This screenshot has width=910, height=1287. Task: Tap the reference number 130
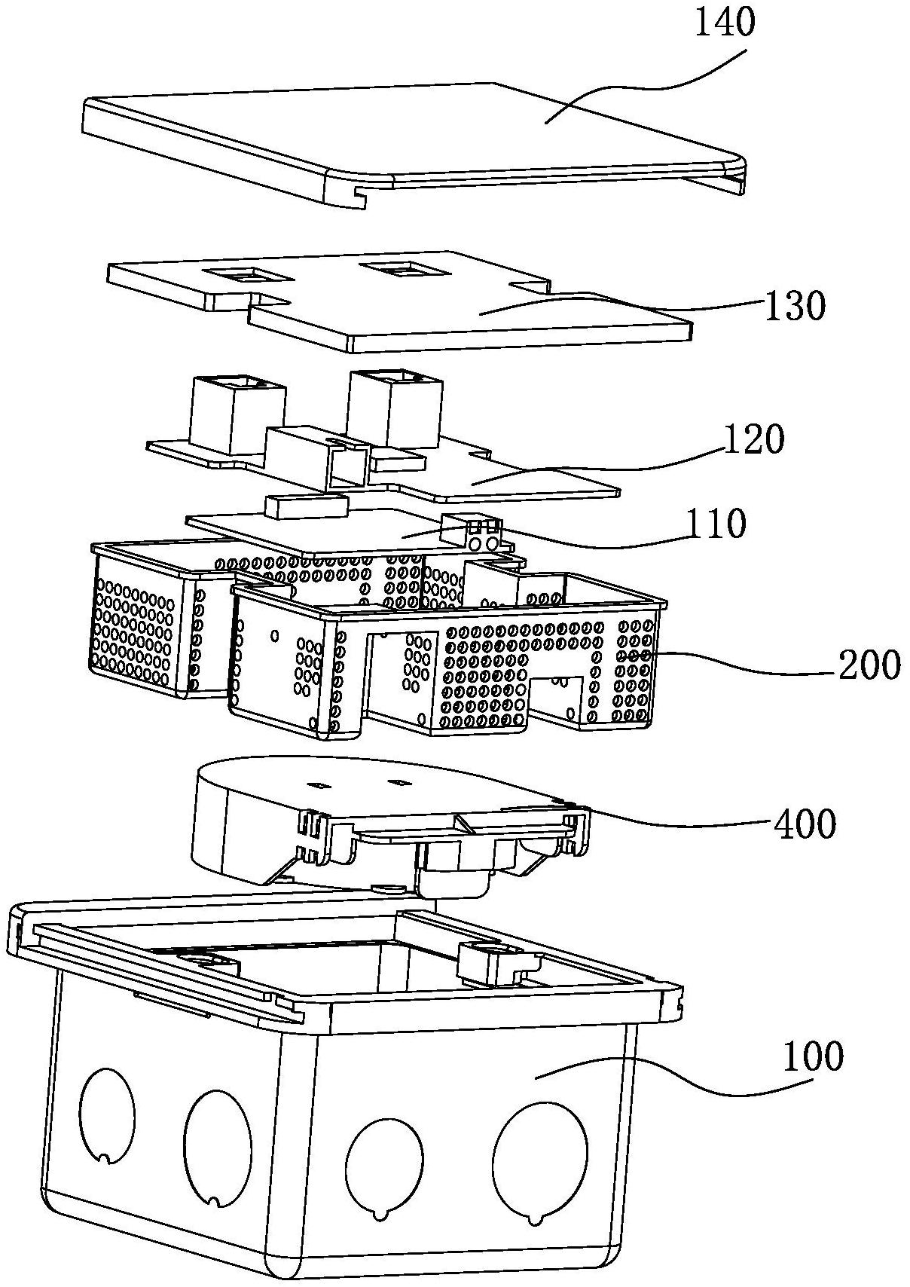(x=794, y=306)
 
